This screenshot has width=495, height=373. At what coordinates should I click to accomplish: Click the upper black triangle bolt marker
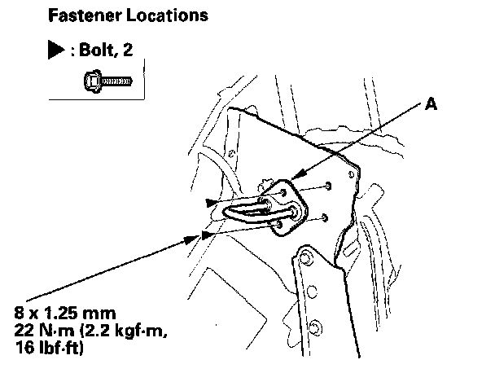(x=211, y=200)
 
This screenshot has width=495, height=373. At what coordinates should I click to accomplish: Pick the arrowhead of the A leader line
(x=295, y=174)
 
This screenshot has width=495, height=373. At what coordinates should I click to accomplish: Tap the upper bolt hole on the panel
(x=326, y=186)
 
